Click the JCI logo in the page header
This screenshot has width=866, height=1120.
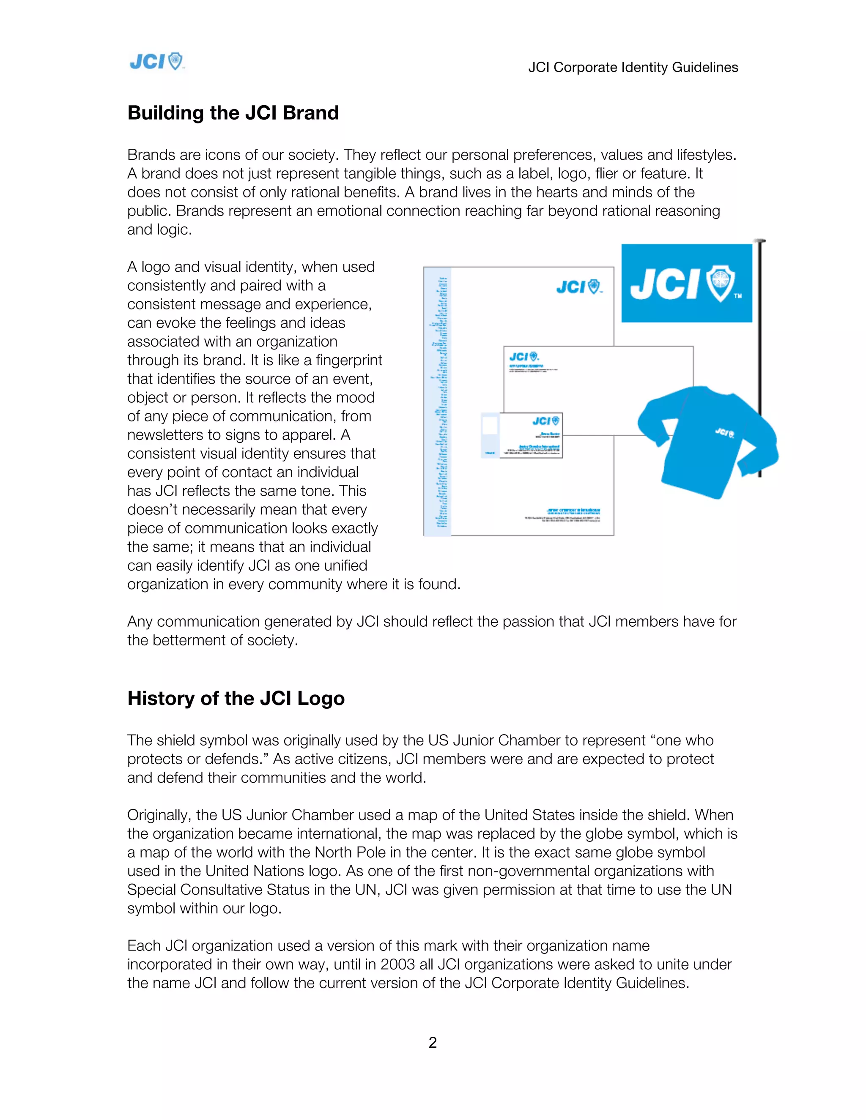point(156,62)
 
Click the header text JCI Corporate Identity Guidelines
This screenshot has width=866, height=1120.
point(633,67)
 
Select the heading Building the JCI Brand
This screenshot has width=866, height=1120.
point(233,113)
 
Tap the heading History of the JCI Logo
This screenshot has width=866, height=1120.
point(236,699)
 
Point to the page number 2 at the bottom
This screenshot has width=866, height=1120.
point(433,1043)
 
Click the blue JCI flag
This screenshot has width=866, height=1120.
point(686,283)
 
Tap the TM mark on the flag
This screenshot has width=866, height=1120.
point(738,296)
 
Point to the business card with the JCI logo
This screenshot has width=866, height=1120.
point(531,435)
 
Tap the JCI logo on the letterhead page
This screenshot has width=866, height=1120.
point(579,287)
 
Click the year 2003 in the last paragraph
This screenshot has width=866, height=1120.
point(397,964)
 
